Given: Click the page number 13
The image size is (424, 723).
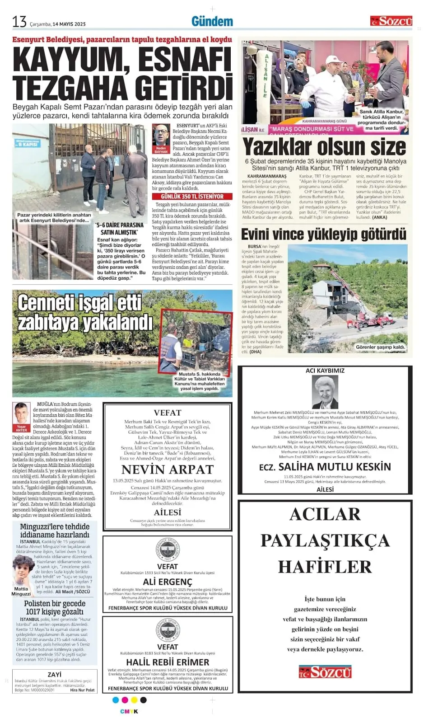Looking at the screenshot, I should (x=20, y=21).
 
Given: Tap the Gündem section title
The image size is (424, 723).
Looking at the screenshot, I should (x=212, y=21).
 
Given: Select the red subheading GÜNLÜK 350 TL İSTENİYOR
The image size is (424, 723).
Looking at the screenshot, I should (x=192, y=197).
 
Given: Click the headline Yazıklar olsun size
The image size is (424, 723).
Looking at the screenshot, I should (x=324, y=147).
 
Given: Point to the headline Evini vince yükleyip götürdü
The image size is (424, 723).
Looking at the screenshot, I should (x=324, y=234).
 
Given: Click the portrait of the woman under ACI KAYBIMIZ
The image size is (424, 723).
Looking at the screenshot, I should (x=325, y=391).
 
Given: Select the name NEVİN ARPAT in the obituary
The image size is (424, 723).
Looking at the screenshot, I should (x=168, y=469).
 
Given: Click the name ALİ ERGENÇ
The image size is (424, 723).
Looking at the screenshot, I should (x=168, y=582).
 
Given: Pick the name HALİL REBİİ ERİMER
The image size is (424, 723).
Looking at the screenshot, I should (x=168, y=662).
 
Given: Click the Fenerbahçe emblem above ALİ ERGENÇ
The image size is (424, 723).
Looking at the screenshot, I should (x=168, y=550).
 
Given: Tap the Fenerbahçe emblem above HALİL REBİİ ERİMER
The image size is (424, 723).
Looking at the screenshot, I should (x=168, y=630).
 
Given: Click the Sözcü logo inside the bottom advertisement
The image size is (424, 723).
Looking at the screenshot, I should (x=325, y=672).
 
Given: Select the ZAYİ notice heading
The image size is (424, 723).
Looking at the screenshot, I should (x=54, y=674).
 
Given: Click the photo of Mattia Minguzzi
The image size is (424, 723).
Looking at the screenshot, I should (x=22, y=570).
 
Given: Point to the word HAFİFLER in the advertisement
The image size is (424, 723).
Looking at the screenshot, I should (x=325, y=567).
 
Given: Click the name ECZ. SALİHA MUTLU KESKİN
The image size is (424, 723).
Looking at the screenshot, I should (x=325, y=467).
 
